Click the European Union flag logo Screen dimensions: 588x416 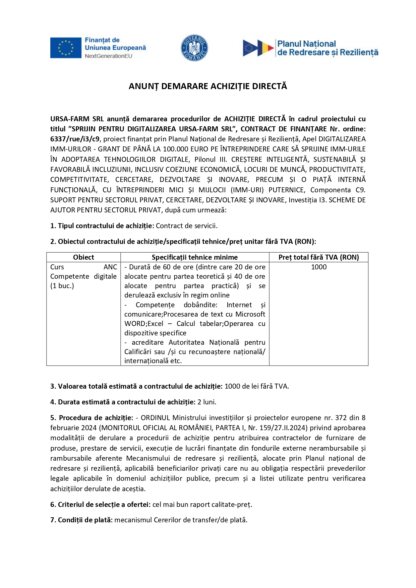click(x=66, y=48)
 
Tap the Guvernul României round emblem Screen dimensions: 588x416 click(x=194, y=48)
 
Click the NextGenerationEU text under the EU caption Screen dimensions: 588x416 click(x=108, y=56)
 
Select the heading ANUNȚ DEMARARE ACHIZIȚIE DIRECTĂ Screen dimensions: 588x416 click(x=208, y=86)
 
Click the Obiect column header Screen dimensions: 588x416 click(x=83, y=257)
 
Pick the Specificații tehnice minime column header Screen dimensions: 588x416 click(x=194, y=257)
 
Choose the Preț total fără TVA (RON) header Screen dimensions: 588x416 click(x=318, y=257)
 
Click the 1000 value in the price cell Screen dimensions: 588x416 click(x=318, y=267)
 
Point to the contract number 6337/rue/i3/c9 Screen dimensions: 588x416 click(x=75, y=139)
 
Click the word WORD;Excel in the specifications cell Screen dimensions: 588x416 click(x=144, y=324)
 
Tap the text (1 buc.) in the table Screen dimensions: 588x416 click(x=62, y=286)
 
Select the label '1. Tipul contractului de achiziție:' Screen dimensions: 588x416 click(x=102, y=226)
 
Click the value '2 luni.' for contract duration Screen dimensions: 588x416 click(x=207, y=402)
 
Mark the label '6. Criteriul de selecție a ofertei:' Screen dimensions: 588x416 click(x=100, y=505)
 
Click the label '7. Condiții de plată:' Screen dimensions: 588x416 click(x=81, y=520)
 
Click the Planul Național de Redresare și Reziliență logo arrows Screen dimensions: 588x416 click(x=258, y=48)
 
